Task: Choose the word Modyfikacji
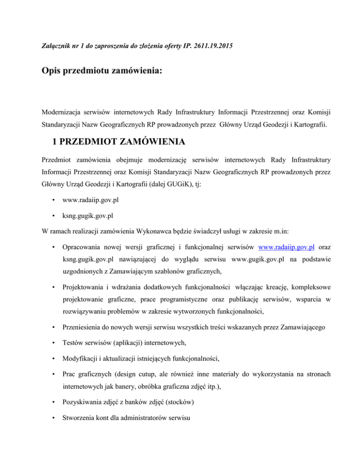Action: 83,376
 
